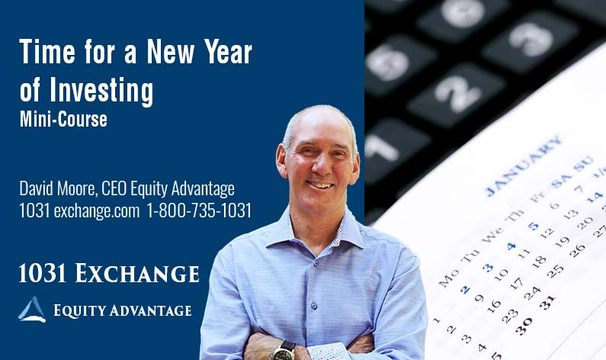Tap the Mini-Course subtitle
coord(63,119)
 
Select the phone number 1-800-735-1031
coord(202,211)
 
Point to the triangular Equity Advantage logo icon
coord(32,309)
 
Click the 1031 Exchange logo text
coord(109,273)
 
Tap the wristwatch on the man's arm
coord(284,349)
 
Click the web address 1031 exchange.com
coord(80,211)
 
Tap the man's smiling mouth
coord(321,184)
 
